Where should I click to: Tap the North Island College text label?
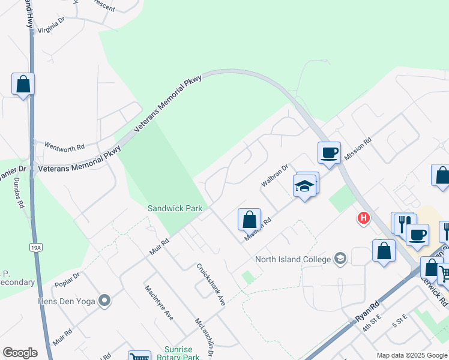pyautogui.click(x=293, y=259)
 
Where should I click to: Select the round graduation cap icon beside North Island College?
pyautogui.click(x=340, y=259)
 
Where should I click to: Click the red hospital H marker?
pyautogui.click(x=363, y=218)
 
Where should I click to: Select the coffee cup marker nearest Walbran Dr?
pyautogui.click(x=328, y=152)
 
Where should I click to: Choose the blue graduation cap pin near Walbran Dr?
pyautogui.click(x=305, y=186)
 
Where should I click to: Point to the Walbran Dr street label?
pyautogui.click(x=275, y=175)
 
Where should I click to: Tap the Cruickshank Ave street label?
pyautogui.click(x=211, y=284)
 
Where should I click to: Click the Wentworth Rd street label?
pyautogui.click(x=65, y=146)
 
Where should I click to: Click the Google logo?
pyautogui.click(x=20, y=353)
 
